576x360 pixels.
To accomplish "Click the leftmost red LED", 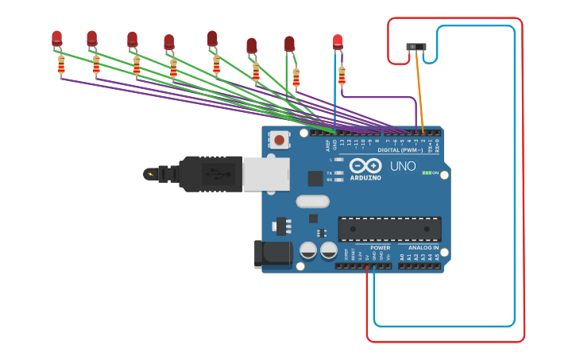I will (x=56, y=37).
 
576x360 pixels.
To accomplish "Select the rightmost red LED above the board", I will (x=338, y=41).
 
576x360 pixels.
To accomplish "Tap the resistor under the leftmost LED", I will (x=61, y=64).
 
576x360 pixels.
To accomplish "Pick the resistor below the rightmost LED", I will (x=342, y=75).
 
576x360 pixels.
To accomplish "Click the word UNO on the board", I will (x=403, y=166).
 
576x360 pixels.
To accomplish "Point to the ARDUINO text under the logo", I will (x=365, y=178).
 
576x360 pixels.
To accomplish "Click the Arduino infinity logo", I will (x=365, y=166).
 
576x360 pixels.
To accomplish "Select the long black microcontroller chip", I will (x=389, y=229).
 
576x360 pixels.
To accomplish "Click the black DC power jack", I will (x=271, y=254).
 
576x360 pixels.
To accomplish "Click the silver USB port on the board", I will (x=265, y=174).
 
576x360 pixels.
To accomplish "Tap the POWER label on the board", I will (x=380, y=247).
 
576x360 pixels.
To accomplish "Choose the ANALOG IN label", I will (x=423, y=247).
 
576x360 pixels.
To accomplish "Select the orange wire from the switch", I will (x=419, y=91).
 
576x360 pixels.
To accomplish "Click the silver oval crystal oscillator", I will (x=312, y=201).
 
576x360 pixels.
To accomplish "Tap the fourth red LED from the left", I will (x=168, y=41).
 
